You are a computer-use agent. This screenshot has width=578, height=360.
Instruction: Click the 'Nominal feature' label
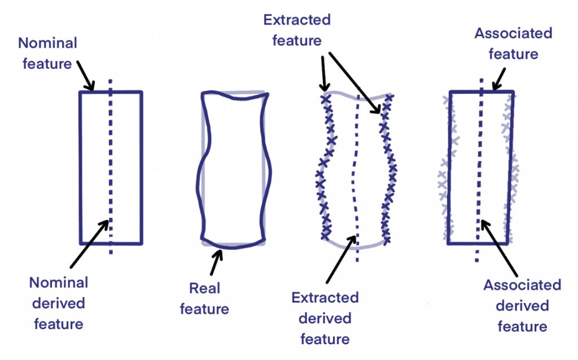(x=47, y=54)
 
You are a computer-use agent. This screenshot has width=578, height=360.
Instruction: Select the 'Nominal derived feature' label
(x=59, y=303)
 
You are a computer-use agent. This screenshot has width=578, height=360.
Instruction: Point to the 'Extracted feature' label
(x=297, y=30)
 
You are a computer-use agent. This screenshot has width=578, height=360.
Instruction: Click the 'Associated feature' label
(x=513, y=43)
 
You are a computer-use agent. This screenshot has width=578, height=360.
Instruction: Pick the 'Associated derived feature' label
(x=522, y=305)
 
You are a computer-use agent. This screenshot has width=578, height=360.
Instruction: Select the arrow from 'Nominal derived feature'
(x=89, y=243)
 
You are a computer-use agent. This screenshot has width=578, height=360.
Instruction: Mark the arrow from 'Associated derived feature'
(x=497, y=246)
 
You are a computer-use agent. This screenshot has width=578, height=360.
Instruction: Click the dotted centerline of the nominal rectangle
(x=111, y=169)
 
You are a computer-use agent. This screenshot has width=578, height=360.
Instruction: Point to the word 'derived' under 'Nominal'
(x=58, y=303)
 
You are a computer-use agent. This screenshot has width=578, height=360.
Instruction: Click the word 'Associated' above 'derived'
(x=522, y=285)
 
